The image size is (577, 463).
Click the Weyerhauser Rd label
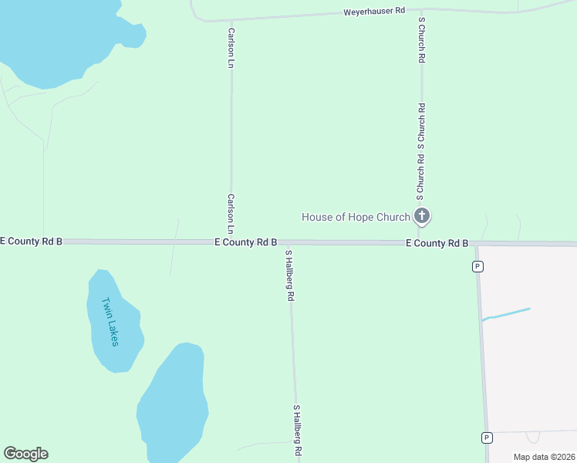[x=374, y=12]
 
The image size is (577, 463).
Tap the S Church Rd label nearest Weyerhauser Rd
[x=421, y=40]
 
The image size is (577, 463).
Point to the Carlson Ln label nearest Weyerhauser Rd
[x=231, y=49]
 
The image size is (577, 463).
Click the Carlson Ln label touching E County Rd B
[x=231, y=214]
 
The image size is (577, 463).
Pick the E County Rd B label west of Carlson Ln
[x=31, y=242]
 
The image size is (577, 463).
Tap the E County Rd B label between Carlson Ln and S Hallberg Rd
[x=245, y=242]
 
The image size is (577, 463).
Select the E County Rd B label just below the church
[x=437, y=243]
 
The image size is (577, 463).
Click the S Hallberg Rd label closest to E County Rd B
[x=290, y=275]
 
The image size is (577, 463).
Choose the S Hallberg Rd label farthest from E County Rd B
[x=296, y=430]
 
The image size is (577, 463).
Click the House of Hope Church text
[x=356, y=217]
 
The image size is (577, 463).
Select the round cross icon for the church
[x=421, y=216]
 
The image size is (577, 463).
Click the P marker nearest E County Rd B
[x=478, y=267]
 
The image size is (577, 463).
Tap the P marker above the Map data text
[x=487, y=438]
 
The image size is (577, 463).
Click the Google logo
[x=25, y=454]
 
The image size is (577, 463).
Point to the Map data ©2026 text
[x=544, y=457]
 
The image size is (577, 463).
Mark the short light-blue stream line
[x=506, y=313]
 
